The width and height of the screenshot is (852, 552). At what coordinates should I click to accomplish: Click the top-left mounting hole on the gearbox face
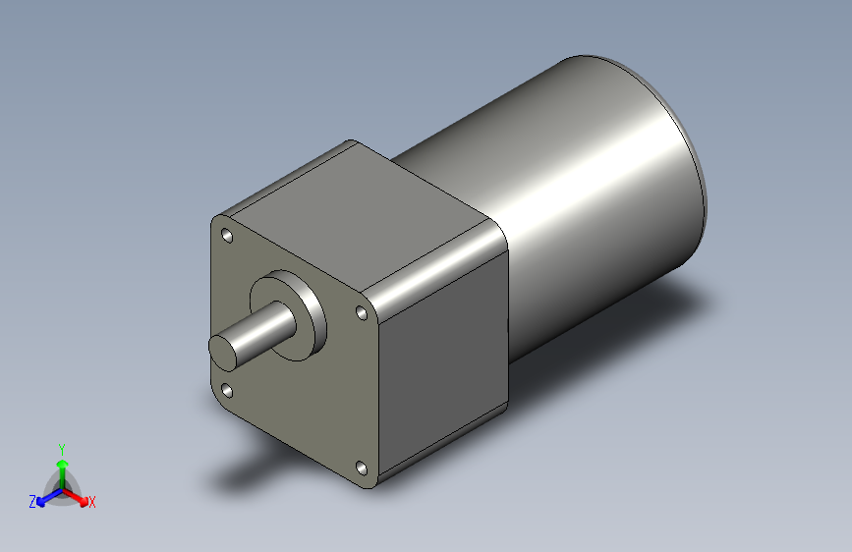[227, 237]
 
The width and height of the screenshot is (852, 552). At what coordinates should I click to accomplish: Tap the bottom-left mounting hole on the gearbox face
[228, 390]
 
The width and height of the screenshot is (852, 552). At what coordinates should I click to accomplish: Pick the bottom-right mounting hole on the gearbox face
[361, 469]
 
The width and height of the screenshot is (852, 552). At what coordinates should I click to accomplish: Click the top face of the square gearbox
[364, 211]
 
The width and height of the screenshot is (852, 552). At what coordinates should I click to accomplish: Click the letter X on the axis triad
[92, 502]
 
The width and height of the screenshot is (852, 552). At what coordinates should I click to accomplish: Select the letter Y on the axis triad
[61, 447]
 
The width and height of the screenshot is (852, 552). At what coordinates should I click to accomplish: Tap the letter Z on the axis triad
[32, 501]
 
